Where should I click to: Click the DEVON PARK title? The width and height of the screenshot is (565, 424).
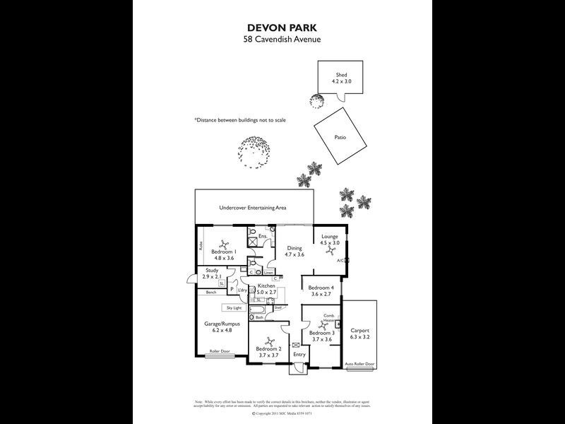coord(282,28)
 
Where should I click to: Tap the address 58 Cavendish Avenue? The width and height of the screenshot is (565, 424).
coord(282,40)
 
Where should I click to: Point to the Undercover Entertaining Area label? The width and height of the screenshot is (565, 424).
coord(252,209)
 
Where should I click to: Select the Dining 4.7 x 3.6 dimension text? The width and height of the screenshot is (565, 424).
coord(294,254)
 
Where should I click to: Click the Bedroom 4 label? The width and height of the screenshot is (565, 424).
coord(321,288)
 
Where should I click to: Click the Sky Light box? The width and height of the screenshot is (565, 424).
coord(233,308)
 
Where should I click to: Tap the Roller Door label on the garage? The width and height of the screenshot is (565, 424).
coord(220,352)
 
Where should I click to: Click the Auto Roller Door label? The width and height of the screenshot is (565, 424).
coord(359,364)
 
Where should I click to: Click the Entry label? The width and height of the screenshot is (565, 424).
coord(299,354)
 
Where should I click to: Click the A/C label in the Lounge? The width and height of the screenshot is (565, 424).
coord(340,261)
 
